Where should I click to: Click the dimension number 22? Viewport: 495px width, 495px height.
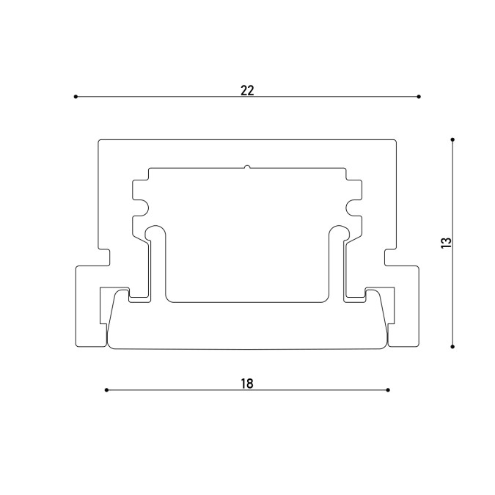click(x=247, y=91)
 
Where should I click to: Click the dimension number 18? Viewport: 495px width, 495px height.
click(x=247, y=384)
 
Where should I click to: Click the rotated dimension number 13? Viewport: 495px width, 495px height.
click(x=447, y=243)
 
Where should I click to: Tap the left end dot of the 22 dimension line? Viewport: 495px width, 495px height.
click(x=76, y=97)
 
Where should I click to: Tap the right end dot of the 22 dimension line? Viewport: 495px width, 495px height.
click(x=419, y=97)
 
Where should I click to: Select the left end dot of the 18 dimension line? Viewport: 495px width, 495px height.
click(x=106, y=390)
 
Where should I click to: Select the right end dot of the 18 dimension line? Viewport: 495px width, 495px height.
click(x=388, y=390)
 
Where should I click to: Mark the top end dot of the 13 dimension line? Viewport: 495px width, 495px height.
click(x=452, y=139)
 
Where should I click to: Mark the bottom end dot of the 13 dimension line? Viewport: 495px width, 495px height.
click(x=452, y=347)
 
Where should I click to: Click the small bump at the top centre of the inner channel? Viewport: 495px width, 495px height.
click(x=248, y=166)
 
